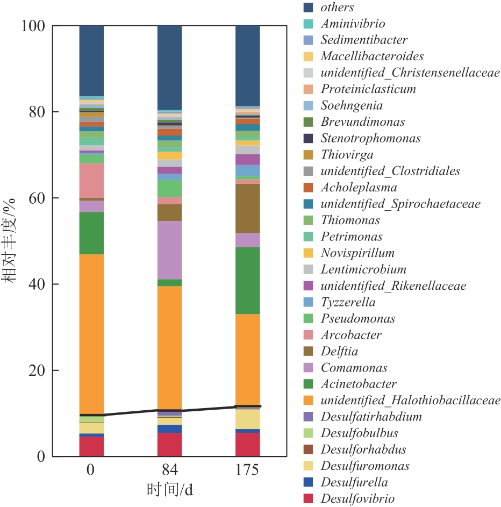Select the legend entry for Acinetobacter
(359, 384)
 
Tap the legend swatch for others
(309, 8)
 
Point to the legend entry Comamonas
(354, 368)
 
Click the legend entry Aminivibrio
(353, 24)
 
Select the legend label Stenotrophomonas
(370, 138)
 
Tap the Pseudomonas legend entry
(358, 319)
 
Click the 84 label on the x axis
(169, 470)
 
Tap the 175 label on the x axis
(248, 470)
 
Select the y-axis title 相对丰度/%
(12, 242)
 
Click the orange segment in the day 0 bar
(91, 333)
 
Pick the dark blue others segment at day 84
(169, 67)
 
